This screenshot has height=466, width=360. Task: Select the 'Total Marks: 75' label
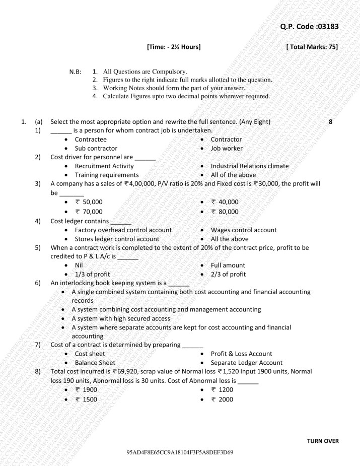click(311, 47)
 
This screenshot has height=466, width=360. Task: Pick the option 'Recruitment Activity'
click(104, 166)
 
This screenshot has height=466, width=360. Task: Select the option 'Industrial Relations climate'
click(250, 166)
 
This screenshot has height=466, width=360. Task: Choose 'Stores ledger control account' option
click(117, 239)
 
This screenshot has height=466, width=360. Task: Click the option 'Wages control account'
click(244, 230)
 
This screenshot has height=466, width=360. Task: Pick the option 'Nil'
click(79, 265)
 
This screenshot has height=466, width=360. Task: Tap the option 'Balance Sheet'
click(95, 363)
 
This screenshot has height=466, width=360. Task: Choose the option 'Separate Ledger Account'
click(246, 363)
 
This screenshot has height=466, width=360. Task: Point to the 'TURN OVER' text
click(323, 441)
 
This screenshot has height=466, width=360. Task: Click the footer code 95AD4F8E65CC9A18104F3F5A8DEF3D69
click(180, 453)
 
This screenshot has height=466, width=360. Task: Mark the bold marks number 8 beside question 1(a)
click(330, 122)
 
